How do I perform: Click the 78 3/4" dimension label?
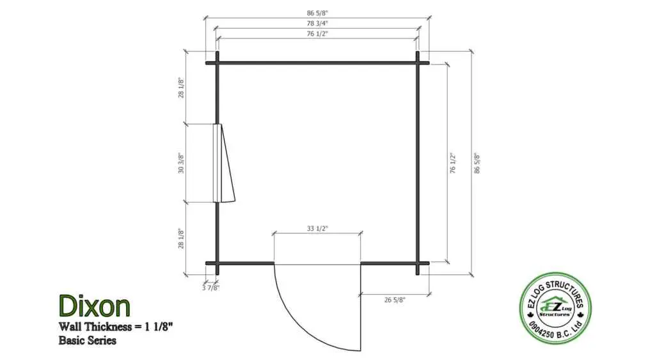[x=317, y=24]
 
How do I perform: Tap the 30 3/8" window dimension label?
[x=181, y=163]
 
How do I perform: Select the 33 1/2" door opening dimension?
[x=317, y=228]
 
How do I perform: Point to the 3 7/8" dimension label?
[x=210, y=288]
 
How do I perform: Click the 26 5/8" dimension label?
[x=395, y=300]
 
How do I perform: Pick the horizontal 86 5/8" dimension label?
[x=317, y=13]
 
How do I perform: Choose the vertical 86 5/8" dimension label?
[x=477, y=163]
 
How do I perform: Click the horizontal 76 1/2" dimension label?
[x=317, y=33]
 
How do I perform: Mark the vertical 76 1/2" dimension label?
[x=453, y=163]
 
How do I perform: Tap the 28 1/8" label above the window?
[x=181, y=88]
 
